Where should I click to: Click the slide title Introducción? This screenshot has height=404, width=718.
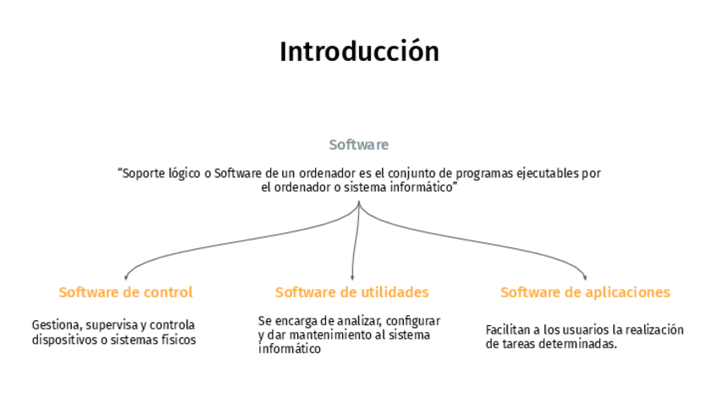click(x=359, y=52)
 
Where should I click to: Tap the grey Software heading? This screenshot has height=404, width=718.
click(x=359, y=145)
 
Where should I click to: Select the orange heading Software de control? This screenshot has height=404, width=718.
click(x=125, y=292)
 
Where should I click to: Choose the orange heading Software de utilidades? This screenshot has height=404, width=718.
click(x=351, y=292)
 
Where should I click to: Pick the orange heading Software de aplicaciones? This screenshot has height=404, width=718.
click(x=584, y=292)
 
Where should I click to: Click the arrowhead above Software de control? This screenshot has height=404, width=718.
click(x=125, y=276)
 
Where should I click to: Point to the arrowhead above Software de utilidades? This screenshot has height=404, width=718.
click(x=352, y=276)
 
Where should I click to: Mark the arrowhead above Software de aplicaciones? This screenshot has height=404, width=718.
click(x=584, y=276)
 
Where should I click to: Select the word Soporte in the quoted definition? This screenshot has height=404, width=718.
click(x=144, y=174)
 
